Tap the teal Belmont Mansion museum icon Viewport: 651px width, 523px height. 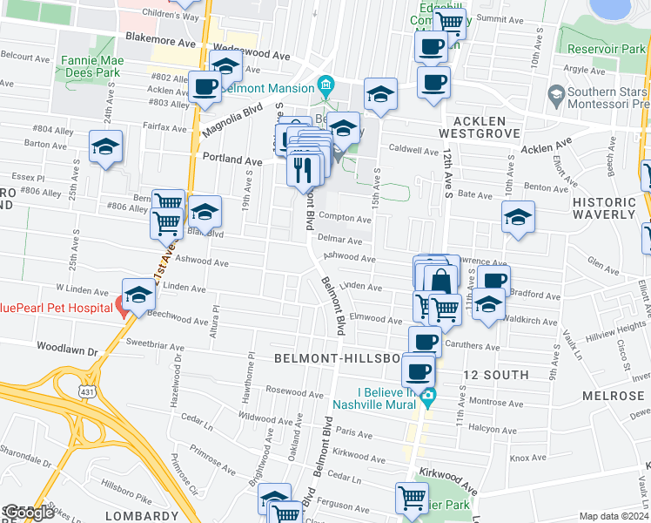click(326, 85)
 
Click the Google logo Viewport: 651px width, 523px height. click(28, 513)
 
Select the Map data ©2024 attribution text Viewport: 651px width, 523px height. click(614, 516)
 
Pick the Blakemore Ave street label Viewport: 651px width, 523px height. click(157, 37)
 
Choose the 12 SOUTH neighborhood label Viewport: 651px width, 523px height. click(495, 375)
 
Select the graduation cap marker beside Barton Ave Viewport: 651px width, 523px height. click(105, 146)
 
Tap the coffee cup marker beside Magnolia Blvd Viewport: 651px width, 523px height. click(205, 87)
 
